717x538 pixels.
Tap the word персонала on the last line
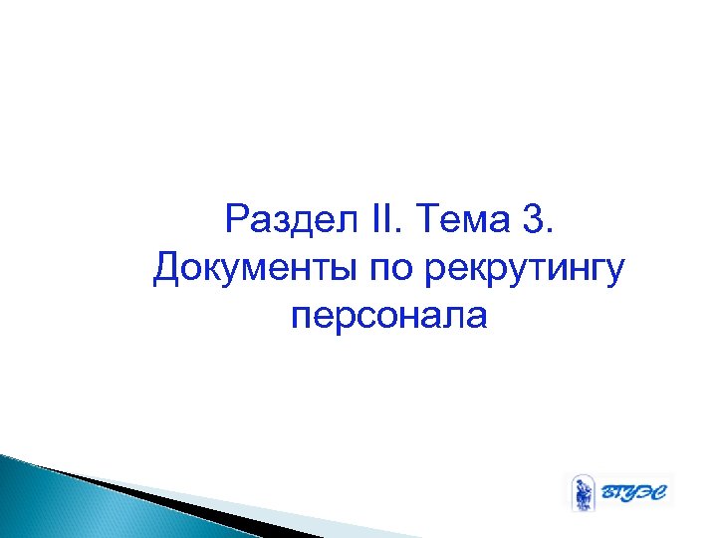click(x=390, y=318)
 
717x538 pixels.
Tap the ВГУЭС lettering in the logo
click(x=633, y=492)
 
